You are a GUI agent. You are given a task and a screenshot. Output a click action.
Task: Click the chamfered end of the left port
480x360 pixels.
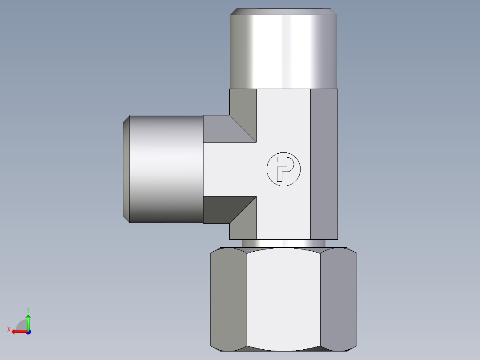[x=126, y=169]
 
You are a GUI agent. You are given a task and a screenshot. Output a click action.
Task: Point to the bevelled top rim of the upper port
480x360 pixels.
[x=284, y=12]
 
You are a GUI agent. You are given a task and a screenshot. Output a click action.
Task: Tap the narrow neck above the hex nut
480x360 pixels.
[x=284, y=243]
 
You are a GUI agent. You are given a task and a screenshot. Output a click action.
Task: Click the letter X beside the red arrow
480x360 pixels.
[x=8, y=329]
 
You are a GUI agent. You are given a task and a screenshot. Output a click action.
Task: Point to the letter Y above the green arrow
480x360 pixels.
[x=28, y=309]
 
